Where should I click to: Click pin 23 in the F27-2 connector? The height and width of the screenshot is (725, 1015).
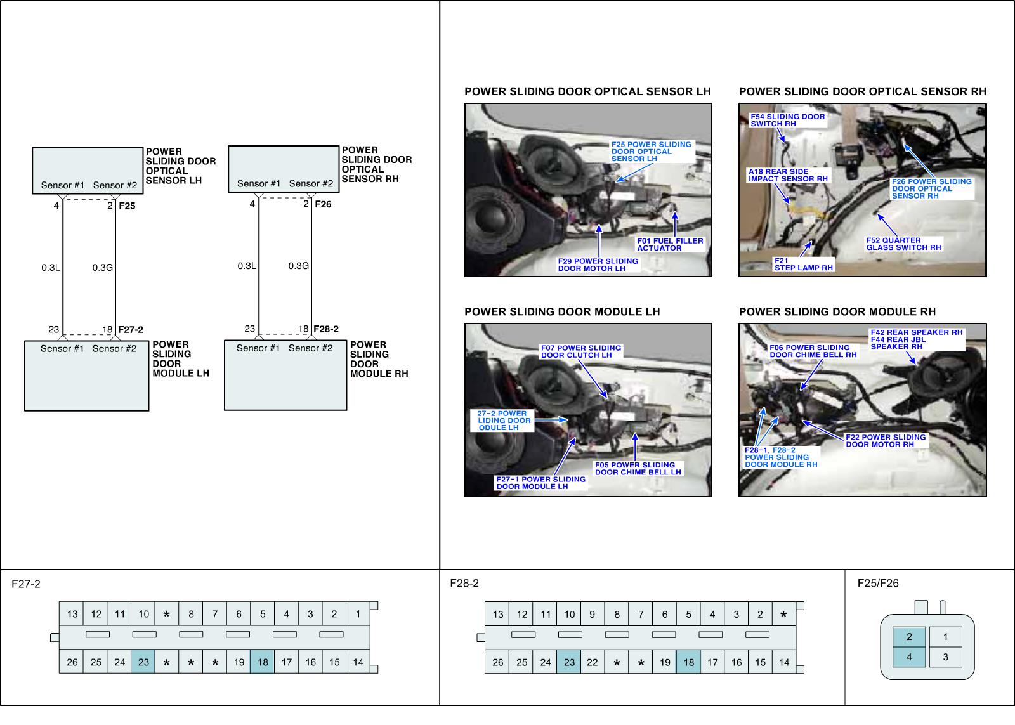(x=143, y=662)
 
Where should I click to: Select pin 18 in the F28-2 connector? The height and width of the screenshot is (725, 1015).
(x=689, y=662)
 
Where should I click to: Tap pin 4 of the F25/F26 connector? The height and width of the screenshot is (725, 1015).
(x=910, y=657)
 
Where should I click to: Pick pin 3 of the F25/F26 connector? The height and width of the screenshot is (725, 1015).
(x=945, y=657)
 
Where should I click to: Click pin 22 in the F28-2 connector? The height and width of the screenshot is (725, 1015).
(x=593, y=662)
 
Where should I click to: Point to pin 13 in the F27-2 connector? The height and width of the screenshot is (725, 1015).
(x=72, y=613)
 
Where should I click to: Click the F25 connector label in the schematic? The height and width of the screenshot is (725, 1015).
(x=127, y=206)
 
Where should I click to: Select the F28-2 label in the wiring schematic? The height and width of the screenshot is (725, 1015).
(x=326, y=329)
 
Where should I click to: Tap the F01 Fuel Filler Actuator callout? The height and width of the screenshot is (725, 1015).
(x=671, y=244)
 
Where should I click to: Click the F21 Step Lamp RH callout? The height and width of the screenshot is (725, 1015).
(x=804, y=265)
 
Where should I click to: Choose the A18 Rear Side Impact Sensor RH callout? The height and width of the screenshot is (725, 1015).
(x=788, y=175)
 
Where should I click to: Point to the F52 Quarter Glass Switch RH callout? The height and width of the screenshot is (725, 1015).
(x=904, y=244)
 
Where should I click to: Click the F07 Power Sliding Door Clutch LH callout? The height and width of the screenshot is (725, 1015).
(x=581, y=351)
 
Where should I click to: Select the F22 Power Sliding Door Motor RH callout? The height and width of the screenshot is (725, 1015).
(x=886, y=441)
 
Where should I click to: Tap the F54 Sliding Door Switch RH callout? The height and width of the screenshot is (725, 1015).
(x=788, y=120)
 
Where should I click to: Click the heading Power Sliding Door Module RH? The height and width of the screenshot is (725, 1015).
(x=837, y=311)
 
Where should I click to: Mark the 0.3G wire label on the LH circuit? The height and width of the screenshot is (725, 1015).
(x=103, y=268)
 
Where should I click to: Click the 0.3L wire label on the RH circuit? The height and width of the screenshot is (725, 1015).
(x=247, y=266)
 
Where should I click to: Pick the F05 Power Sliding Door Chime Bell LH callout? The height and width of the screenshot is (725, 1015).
(x=638, y=469)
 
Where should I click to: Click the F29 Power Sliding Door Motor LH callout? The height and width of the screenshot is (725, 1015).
(x=598, y=265)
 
